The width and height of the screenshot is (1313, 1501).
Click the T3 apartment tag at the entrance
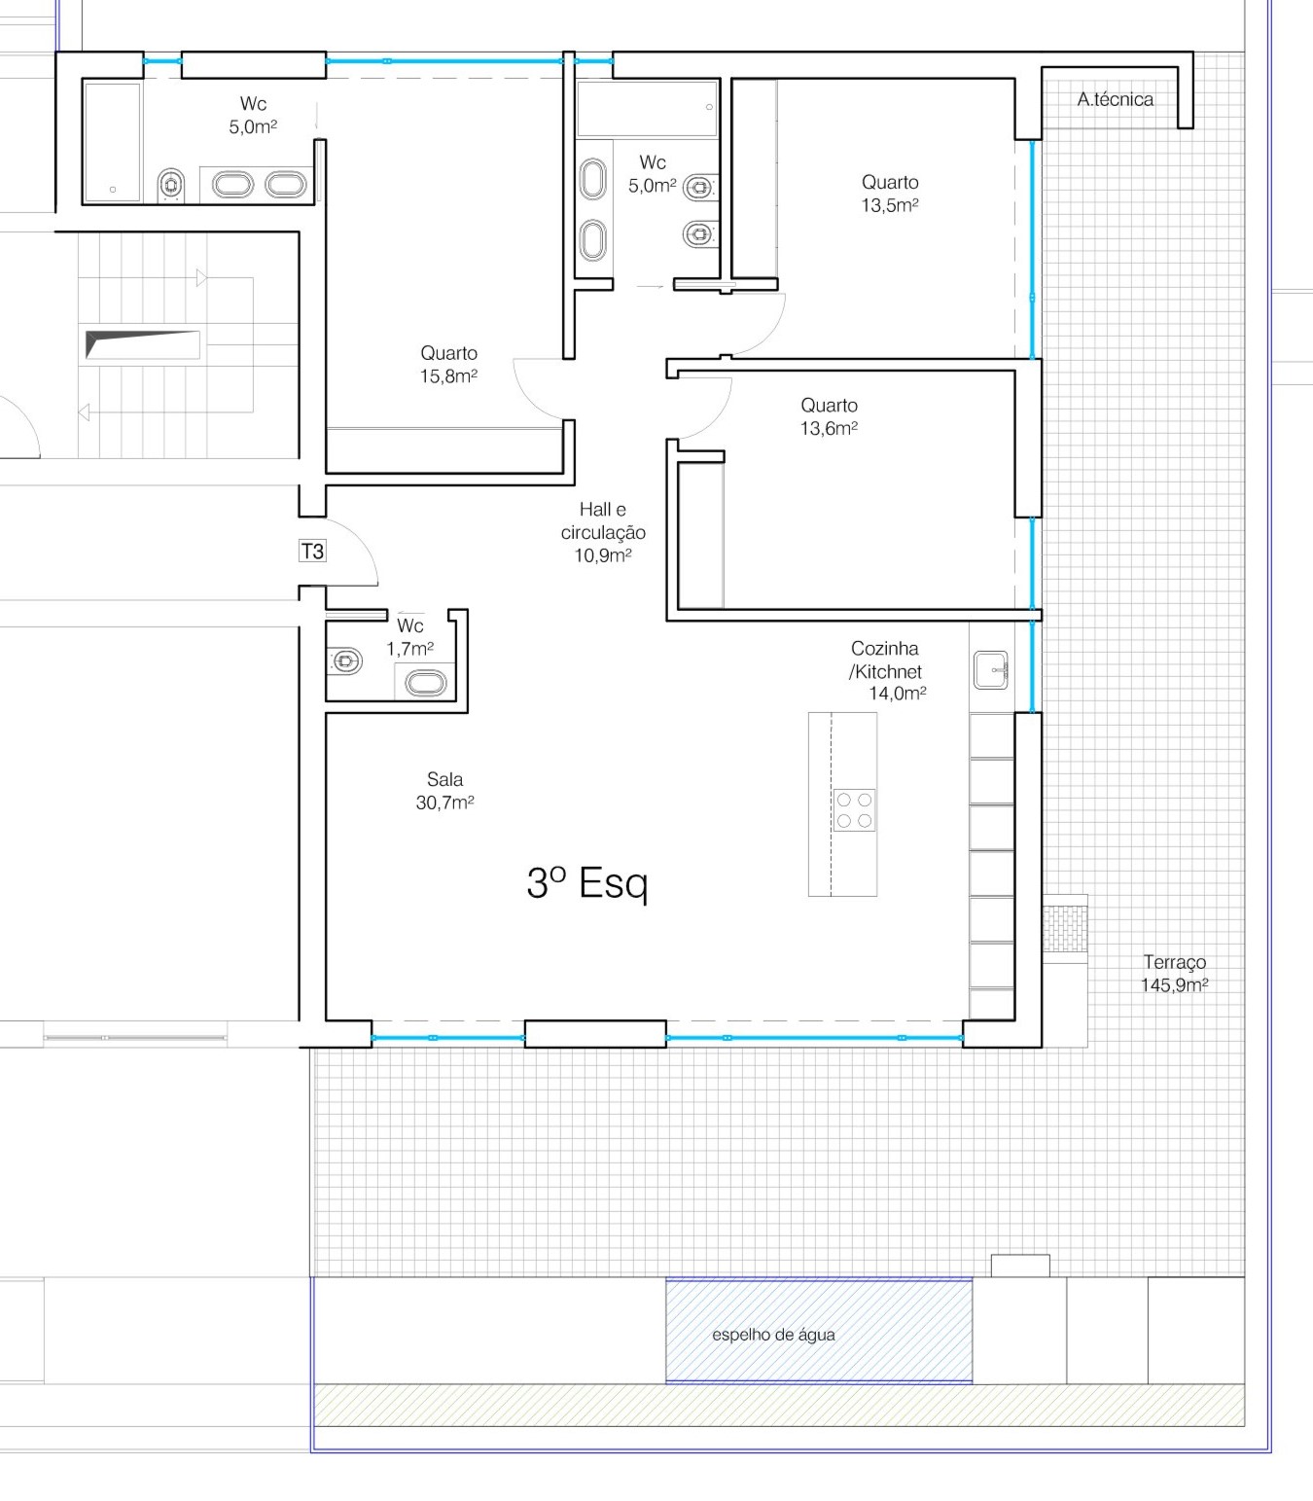[x=312, y=551]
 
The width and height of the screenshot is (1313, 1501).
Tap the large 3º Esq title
[x=586, y=883]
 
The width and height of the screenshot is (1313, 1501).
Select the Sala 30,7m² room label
[x=444, y=791]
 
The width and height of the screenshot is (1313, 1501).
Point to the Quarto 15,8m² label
[x=448, y=365]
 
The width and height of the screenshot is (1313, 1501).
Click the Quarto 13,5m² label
[x=890, y=194]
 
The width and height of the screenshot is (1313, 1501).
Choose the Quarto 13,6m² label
[x=829, y=416]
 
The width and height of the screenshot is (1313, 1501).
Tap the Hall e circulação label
[x=603, y=532]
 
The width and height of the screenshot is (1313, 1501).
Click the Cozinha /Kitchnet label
[x=886, y=670]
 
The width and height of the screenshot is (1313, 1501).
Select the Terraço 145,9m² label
[x=1174, y=974]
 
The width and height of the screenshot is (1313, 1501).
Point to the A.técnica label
[x=1115, y=99]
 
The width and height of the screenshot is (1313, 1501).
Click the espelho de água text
[x=773, y=1335]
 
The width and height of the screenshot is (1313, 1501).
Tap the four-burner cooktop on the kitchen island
[x=855, y=810]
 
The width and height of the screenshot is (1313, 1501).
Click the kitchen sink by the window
[x=990, y=670]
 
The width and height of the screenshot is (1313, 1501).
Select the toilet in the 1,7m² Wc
[x=344, y=661]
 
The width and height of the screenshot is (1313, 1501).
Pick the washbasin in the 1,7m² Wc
[x=425, y=683]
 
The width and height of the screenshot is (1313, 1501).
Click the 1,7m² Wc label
[x=410, y=637]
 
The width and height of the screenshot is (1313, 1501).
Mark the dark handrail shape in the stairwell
[x=142, y=344]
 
